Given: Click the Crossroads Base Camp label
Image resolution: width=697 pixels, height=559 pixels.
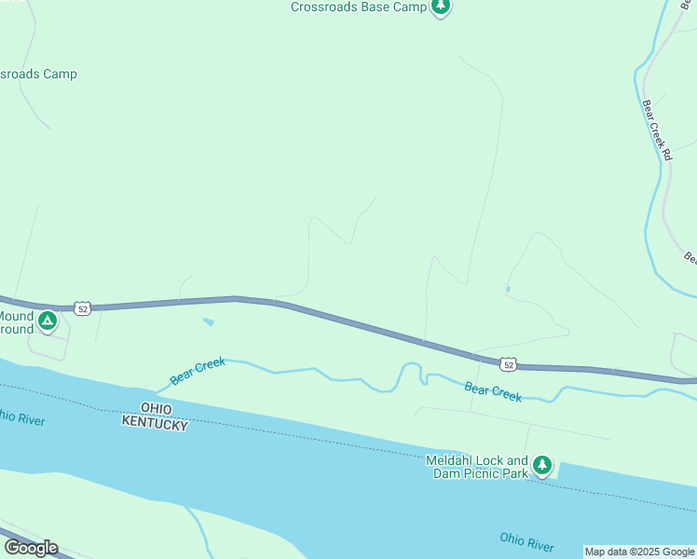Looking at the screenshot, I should click(x=358, y=7).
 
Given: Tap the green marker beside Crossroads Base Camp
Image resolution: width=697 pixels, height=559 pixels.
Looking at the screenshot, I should click(x=441, y=7).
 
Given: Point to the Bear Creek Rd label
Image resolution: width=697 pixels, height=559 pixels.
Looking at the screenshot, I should click(x=656, y=130).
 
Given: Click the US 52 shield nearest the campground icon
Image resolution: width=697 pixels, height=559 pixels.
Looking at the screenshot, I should click(x=83, y=308).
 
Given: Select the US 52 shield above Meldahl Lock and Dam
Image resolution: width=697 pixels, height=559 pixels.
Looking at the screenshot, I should click(x=507, y=362).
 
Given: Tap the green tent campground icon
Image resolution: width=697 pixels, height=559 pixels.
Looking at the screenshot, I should click(x=48, y=322).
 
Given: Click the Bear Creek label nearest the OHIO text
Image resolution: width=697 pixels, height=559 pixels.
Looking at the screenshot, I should click(x=198, y=371).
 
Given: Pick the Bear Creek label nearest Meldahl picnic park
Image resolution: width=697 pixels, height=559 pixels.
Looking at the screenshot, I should click(x=493, y=392).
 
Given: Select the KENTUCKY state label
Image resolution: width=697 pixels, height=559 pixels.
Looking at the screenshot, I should click(x=155, y=424).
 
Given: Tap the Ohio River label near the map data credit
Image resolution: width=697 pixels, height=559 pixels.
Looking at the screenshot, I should click(x=526, y=541).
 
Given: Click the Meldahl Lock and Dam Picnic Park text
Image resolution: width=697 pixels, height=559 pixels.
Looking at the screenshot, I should click(x=477, y=467).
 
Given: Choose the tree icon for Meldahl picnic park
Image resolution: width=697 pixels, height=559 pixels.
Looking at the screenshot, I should click(x=542, y=464).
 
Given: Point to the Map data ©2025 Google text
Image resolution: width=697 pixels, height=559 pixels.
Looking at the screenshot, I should click(x=639, y=552).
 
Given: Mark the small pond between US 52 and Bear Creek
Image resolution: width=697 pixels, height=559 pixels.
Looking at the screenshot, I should click(x=208, y=323).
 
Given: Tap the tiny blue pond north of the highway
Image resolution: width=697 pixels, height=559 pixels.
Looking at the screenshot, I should click(x=507, y=290).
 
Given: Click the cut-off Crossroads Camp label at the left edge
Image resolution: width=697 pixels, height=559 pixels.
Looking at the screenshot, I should click(x=38, y=74).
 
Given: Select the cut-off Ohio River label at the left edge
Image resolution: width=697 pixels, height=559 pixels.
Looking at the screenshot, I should click(x=22, y=418).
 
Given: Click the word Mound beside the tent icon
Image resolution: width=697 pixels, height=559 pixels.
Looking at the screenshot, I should click(x=16, y=316).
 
